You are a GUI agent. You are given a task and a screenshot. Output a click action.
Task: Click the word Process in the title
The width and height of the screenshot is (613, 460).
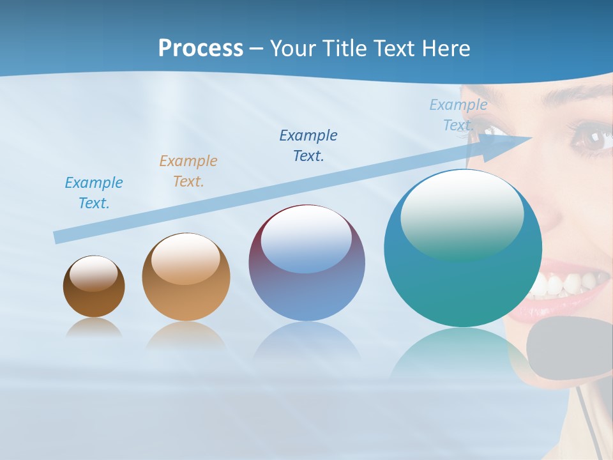tap(201, 49)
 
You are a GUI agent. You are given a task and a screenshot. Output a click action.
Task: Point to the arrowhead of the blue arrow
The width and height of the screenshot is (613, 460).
tap(511, 144)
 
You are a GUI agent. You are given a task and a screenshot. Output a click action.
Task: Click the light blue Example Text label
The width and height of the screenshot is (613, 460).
tap(94, 193)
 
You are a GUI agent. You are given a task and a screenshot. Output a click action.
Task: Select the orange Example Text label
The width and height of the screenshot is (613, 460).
tap(188, 171)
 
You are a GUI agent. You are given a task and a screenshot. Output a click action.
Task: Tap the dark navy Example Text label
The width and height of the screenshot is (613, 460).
tap(308, 146)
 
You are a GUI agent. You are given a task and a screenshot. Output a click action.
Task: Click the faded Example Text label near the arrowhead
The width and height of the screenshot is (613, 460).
tap(458, 115)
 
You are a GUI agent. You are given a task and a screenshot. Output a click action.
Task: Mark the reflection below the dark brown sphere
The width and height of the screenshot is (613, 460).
tap(93, 328)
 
